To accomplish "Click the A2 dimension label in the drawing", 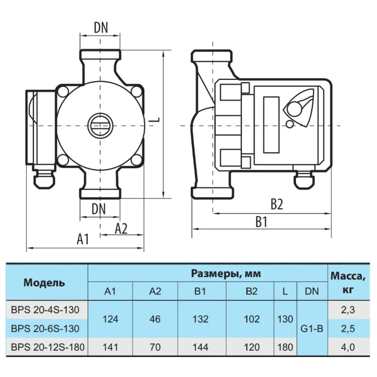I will [x=121, y=228].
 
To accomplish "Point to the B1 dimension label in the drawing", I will [x=261, y=222].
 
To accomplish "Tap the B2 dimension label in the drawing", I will [x=276, y=204].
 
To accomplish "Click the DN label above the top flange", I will [x=100, y=27].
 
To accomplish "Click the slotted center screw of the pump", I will [x=100, y=125].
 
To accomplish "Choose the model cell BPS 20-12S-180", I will [x=47, y=347].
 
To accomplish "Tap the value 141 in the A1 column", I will [x=110, y=347].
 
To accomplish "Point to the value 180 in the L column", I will [x=285, y=347].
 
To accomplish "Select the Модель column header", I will [x=44, y=282].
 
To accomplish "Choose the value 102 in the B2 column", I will [x=252, y=319].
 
